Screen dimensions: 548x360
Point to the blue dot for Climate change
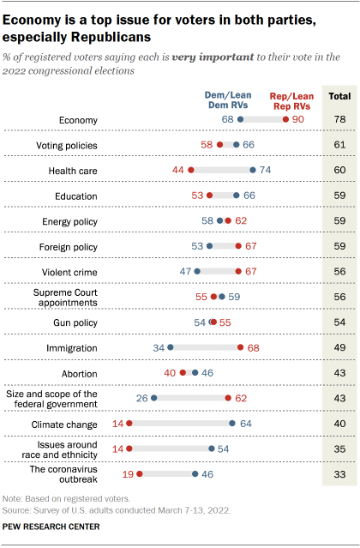[232, 423]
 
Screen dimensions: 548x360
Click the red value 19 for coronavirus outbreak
[127, 473]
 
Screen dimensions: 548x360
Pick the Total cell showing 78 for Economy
[339, 119]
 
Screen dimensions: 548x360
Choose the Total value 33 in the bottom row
[339, 473]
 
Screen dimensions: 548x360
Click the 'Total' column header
[339, 96]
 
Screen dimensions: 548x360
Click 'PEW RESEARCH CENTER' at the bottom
[51, 526]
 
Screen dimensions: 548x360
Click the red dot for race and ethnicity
[129, 448]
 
